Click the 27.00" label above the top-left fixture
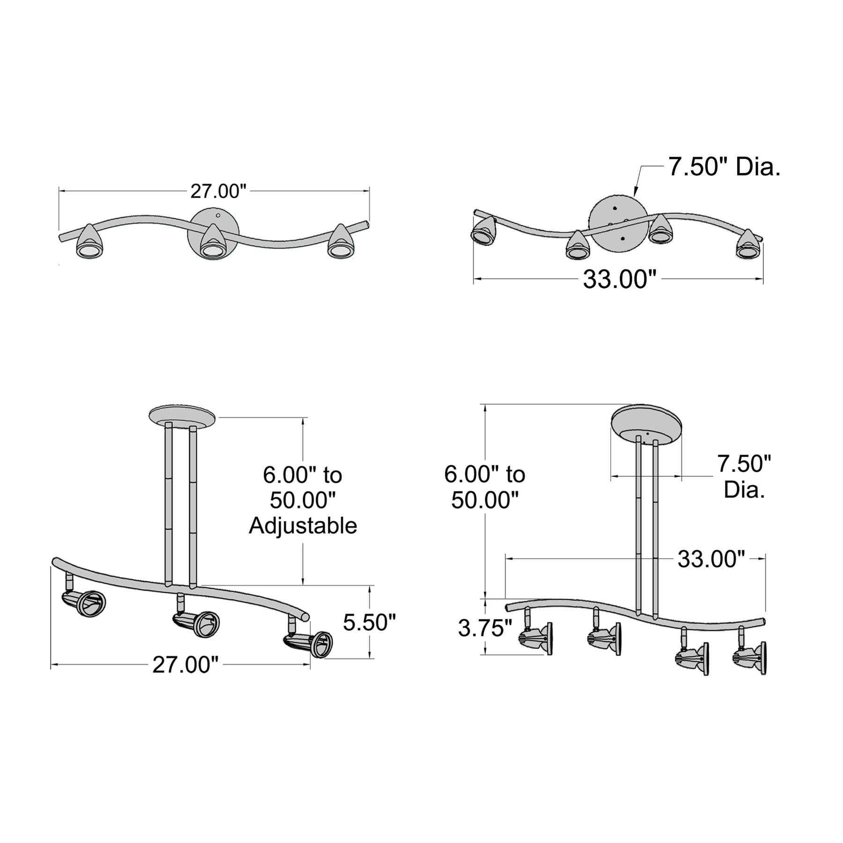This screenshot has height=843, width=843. [x=218, y=191]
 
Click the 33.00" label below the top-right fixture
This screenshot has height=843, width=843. [x=619, y=280]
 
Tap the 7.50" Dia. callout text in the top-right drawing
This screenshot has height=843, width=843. [x=724, y=167]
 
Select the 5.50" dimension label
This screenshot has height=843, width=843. [x=370, y=622]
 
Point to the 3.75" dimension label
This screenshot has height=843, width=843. [x=485, y=628]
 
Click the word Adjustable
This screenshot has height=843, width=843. [x=303, y=525]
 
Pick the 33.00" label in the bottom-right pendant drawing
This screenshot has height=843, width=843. [x=711, y=559]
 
